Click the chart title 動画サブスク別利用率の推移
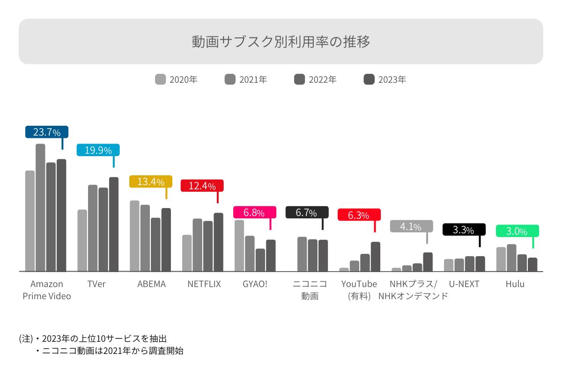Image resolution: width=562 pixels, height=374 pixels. point(281,42)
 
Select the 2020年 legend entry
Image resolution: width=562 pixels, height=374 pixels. point(177,79)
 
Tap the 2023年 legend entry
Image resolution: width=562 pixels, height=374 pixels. point(385,79)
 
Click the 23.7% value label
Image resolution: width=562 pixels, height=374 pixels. point(47,132)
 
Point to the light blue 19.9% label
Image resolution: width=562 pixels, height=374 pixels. point(98,150)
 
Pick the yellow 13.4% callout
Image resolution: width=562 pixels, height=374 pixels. point(151,181)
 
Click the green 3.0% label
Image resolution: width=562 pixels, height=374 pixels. point(517,231)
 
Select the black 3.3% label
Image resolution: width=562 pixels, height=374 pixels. point(464,230)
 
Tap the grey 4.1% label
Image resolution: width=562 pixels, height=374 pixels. point(411,227)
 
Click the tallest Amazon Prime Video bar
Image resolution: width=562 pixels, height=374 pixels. point(40,208)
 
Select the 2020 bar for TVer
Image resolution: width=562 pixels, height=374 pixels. point(82,240)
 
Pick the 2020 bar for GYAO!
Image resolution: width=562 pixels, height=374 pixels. point(239,245)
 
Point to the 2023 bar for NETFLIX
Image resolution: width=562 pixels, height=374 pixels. point(219,242)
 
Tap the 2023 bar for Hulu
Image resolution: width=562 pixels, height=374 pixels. point(532,264)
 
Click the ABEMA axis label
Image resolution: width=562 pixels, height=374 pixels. point(151,284)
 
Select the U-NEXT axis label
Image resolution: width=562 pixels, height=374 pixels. point(464,284)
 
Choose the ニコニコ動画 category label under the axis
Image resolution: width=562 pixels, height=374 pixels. point(310,290)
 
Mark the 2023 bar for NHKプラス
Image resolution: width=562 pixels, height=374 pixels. point(428,262)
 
